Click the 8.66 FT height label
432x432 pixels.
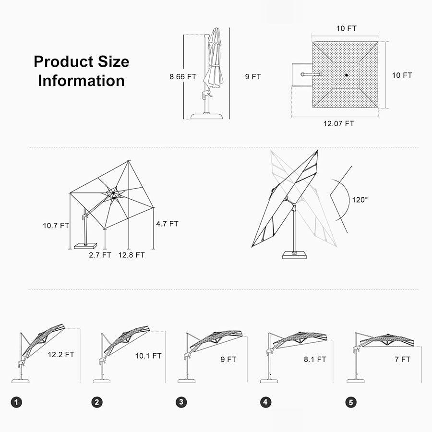click(183, 77)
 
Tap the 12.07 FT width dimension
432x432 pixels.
click(338, 123)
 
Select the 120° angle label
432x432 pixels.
click(360, 200)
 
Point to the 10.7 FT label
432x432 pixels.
click(56, 226)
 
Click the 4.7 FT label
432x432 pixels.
click(167, 224)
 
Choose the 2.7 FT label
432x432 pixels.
click(100, 255)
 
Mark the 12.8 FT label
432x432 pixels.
click(132, 255)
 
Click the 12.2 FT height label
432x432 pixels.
click(61, 354)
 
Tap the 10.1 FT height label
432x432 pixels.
click(148, 356)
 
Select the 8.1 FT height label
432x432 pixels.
click(315, 359)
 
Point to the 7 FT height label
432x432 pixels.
click(403, 359)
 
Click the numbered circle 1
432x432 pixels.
click(16, 402)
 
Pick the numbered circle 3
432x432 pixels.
click(181, 402)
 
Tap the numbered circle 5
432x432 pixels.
click(351, 402)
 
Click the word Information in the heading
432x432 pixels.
click(81, 81)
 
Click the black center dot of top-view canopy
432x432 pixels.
click(346, 75)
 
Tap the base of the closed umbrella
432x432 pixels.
click(206, 116)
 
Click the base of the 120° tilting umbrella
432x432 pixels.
click(295, 254)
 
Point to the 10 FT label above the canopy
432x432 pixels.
click(346, 28)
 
